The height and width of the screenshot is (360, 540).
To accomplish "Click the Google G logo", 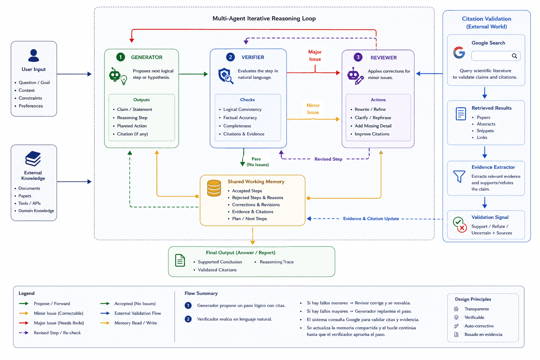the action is (x=459, y=53).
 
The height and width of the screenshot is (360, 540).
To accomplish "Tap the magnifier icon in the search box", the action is (x=514, y=56).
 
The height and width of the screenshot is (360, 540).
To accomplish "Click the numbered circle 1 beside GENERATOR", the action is (x=121, y=57).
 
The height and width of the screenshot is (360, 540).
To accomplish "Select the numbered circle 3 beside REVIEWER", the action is (x=358, y=57).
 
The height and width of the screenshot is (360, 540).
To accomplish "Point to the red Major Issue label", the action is (x=315, y=56).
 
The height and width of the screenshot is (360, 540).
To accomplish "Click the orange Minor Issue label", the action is (x=313, y=109).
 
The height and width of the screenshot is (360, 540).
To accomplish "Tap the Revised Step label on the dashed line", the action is (x=328, y=159).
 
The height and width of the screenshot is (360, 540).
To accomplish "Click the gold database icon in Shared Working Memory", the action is (x=214, y=188).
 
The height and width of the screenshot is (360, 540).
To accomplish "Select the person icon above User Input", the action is (x=33, y=56).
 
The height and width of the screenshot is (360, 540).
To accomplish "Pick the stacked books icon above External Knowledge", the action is (x=33, y=159).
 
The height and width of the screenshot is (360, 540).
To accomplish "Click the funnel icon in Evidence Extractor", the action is (x=459, y=176).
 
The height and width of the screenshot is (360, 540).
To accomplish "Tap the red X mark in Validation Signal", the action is (x=462, y=228).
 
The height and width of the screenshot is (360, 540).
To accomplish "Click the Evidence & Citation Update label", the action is (x=371, y=219).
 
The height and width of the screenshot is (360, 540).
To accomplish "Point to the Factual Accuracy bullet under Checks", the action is (x=240, y=118).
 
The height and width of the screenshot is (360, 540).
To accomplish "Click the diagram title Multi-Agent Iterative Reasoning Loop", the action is (x=264, y=19).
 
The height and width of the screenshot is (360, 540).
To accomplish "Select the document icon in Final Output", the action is (x=180, y=261).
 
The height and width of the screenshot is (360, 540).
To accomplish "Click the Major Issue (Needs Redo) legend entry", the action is (x=59, y=323).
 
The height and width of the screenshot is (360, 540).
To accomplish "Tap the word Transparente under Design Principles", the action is (x=477, y=309).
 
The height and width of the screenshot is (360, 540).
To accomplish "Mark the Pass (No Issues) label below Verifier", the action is (x=257, y=162).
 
